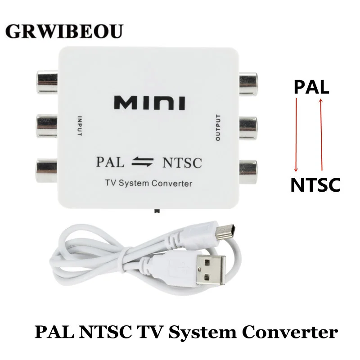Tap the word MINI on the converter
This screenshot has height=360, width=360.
(x=149, y=103)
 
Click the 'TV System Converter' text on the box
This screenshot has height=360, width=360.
(x=149, y=183)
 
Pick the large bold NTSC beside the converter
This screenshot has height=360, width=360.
(x=315, y=185)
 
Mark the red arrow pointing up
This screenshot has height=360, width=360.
(x=320, y=135)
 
